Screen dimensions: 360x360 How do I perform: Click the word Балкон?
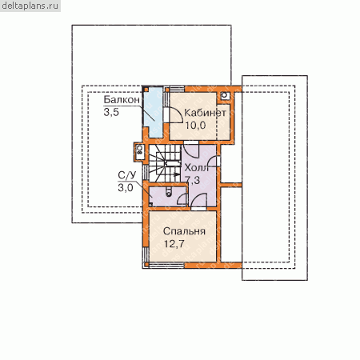click(122, 100)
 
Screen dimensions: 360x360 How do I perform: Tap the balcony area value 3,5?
click(111, 112)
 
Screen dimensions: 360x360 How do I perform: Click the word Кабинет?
click(205, 113)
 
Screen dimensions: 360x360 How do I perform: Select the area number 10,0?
click(195, 125)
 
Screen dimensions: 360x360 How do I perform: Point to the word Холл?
click(196, 168)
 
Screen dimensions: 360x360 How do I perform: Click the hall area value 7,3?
click(193, 180)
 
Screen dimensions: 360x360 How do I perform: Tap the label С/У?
click(127, 175)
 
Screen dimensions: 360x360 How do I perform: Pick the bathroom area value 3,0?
click(126, 188)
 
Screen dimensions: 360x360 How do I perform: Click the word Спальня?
click(184, 231)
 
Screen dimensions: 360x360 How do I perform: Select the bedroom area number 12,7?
click(174, 243)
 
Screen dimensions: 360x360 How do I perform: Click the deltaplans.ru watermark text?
click(30, 6)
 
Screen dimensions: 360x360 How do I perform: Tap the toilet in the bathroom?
click(169, 192)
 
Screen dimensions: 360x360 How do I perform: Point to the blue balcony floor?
click(153, 112)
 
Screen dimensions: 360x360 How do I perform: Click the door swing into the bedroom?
click(198, 201)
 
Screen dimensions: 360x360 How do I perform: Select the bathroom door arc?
click(182, 199)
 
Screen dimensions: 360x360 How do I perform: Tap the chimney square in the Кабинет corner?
click(224, 95)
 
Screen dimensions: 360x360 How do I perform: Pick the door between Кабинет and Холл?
click(191, 150)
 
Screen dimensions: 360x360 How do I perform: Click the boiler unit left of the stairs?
click(140, 152)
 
